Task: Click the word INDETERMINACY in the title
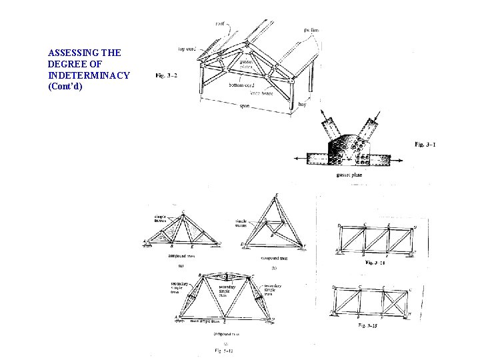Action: [89, 75]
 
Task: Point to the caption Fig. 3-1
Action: [425, 144]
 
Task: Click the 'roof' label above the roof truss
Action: [220, 24]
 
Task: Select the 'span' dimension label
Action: [245, 106]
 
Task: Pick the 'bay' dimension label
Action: [303, 104]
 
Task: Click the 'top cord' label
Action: [186, 49]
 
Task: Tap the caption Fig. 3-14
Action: [377, 263]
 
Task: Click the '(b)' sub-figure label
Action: [274, 267]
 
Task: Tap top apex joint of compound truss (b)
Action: [277, 196]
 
